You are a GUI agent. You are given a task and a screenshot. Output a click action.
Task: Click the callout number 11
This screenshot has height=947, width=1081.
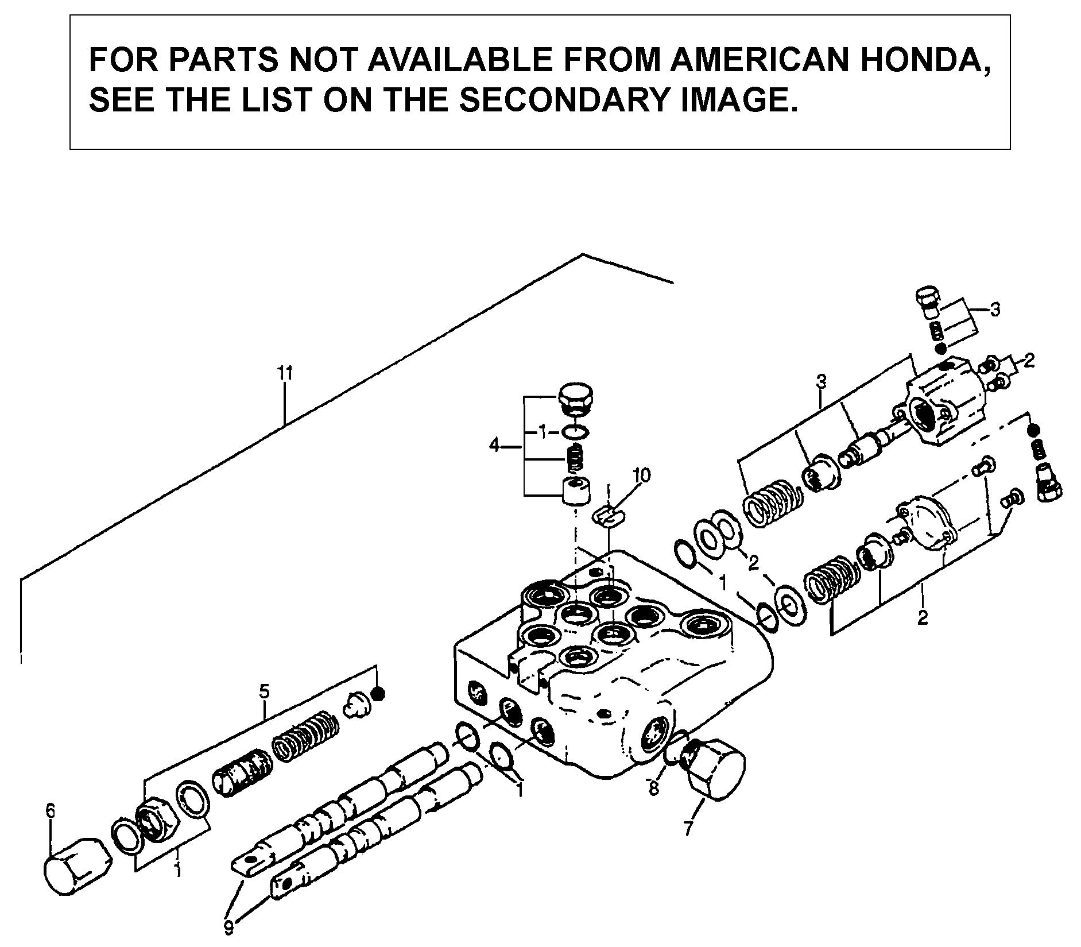click(285, 374)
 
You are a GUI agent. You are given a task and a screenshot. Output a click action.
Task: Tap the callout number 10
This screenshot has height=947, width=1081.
click(642, 475)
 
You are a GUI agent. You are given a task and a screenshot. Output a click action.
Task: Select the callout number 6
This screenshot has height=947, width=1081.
click(51, 810)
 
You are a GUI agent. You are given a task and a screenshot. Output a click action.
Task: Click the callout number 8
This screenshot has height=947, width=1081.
click(654, 788)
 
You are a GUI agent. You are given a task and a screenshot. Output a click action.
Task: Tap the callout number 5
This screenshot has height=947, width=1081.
click(264, 691)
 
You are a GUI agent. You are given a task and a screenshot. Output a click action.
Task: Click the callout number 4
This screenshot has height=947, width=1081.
click(494, 444)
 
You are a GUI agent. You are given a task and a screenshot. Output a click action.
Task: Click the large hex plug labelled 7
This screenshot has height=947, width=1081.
click(715, 768)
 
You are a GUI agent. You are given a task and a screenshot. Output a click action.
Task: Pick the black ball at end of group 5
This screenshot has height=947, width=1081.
click(377, 694)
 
